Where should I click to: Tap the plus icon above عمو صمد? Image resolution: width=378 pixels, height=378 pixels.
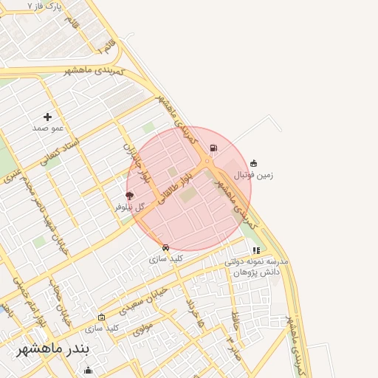click(48, 117)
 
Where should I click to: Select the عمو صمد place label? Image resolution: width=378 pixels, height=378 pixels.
click(48, 128)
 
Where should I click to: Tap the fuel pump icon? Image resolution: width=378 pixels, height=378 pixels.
click(213, 148)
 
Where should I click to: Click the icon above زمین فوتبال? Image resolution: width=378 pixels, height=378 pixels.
click(254, 163)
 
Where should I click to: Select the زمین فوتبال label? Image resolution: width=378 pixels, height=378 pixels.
click(254, 175)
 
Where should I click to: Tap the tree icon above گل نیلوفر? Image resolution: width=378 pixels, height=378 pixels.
click(130, 196)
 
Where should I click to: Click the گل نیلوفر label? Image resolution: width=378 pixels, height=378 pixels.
click(130, 207)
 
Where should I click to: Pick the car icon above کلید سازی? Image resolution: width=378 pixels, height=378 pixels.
click(165, 248)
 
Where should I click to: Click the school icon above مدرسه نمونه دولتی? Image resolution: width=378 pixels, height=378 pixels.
click(256, 251)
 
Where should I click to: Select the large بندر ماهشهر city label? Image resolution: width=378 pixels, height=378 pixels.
click(53, 348)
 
